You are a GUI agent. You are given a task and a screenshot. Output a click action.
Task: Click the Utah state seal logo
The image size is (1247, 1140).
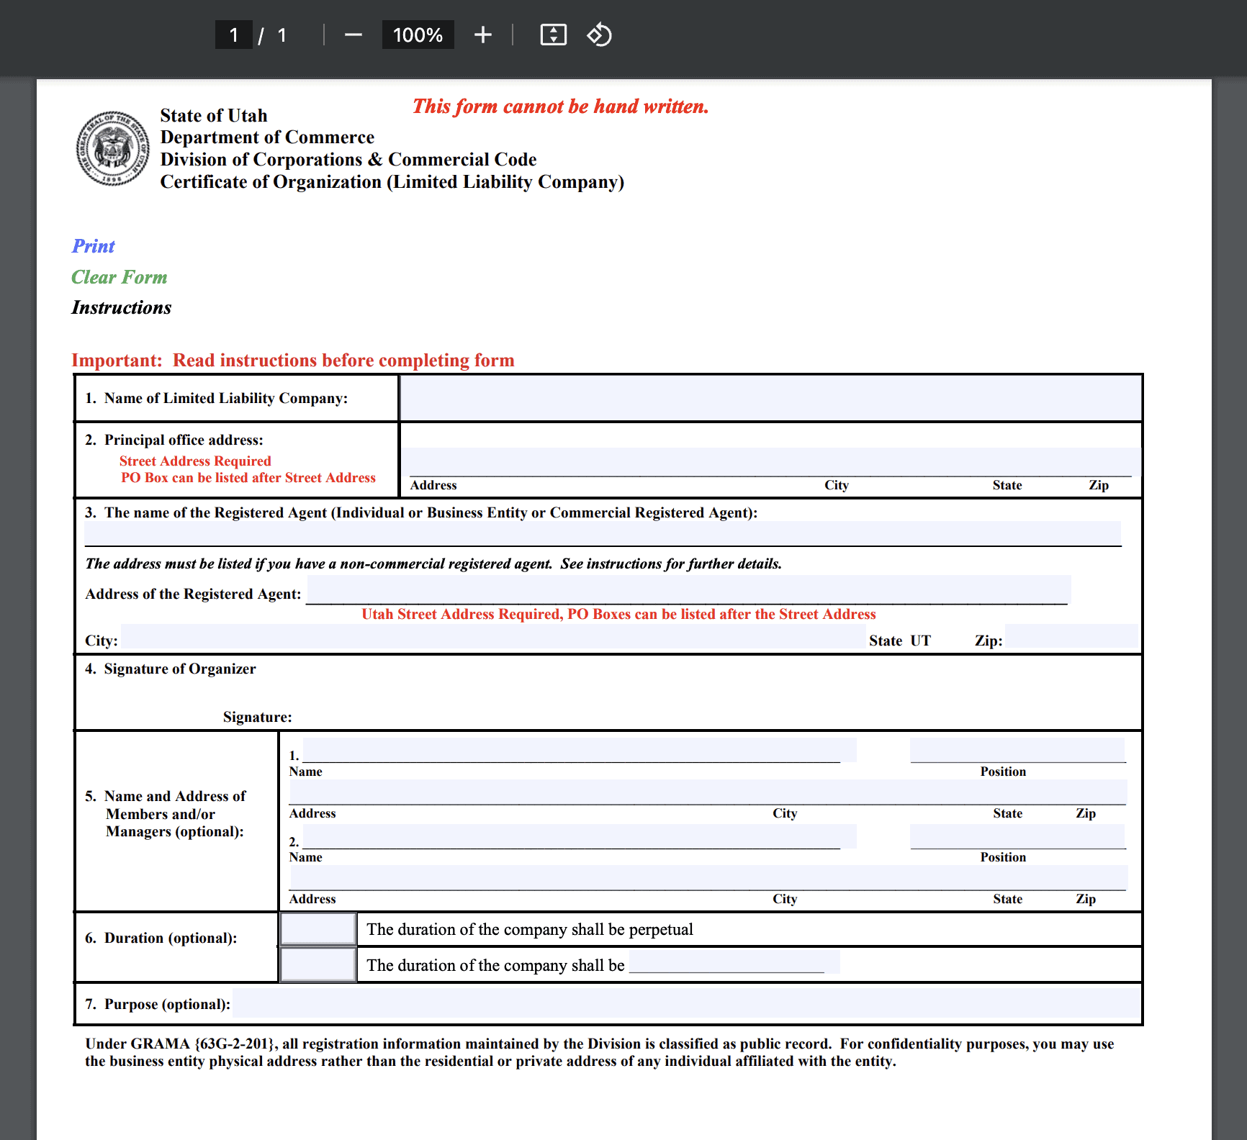(113, 148)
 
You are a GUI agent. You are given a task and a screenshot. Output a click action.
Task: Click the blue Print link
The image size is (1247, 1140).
(93, 246)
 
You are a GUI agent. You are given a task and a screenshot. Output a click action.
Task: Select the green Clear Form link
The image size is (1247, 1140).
(119, 277)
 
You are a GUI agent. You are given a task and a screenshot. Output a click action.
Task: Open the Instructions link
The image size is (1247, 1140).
(121, 308)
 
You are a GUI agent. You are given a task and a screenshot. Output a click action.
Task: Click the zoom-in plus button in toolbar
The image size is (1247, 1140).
(482, 35)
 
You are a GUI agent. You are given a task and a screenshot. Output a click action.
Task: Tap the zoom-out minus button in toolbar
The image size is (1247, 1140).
(353, 35)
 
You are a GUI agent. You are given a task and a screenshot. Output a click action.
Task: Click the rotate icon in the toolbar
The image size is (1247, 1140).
(599, 35)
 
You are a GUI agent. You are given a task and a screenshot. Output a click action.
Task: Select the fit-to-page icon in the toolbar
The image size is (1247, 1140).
(553, 35)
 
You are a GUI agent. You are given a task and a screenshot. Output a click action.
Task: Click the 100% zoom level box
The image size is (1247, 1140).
(418, 35)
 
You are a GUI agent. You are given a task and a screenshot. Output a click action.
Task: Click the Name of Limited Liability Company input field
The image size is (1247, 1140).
(770, 398)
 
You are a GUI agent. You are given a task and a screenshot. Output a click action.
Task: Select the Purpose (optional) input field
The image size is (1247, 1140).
(685, 1003)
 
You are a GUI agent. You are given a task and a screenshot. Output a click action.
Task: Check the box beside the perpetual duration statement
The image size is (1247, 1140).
(318, 929)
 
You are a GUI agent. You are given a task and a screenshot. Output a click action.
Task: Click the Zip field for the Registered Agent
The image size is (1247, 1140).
(1071, 638)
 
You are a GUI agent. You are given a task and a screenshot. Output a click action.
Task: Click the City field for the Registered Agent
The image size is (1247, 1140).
(492, 638)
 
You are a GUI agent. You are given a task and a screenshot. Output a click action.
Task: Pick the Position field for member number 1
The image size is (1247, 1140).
(1017, 749)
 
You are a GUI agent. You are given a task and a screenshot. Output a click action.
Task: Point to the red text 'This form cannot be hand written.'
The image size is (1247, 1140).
(560, 107)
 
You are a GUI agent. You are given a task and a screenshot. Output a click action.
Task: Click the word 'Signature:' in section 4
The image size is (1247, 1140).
(257, 717)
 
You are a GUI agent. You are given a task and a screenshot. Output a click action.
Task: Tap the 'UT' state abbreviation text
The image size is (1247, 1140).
(920, 641)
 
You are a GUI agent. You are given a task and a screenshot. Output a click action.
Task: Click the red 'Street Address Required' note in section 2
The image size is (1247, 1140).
(195, 461)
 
